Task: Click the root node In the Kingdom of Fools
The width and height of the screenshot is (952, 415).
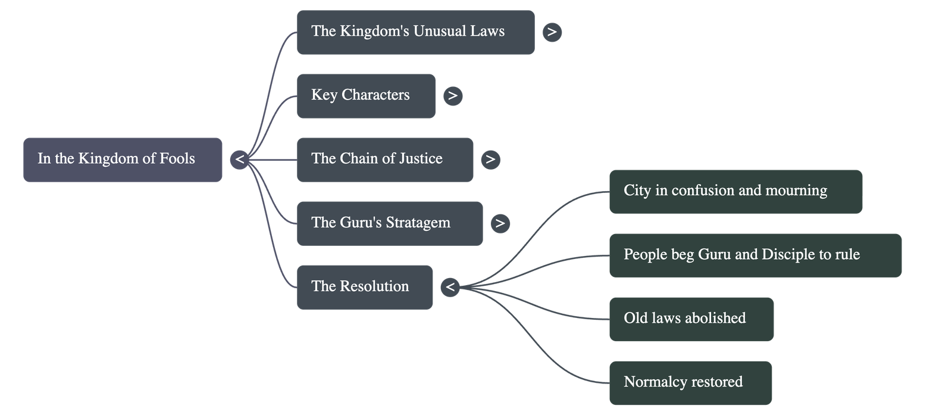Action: point(123,160)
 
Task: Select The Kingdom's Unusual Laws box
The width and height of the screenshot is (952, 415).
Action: point(415,32)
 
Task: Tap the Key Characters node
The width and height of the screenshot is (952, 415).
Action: point(366,96)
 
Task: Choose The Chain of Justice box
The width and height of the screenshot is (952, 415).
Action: point(385,160)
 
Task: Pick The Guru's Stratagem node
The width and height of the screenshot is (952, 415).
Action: point(390,223)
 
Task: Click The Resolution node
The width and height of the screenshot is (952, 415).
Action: point(365,287)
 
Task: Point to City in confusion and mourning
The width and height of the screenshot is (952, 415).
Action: point(735,191)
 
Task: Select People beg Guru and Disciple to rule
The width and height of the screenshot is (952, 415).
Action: point(755,255)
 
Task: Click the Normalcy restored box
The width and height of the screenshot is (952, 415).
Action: point(690,382)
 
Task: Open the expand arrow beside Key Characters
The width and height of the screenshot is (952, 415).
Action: point(453,96)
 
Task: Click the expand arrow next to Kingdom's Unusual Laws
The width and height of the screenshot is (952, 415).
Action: point(552,32)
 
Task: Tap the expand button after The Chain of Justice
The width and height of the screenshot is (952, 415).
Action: point(490,160)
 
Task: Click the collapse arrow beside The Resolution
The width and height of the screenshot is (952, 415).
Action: point(450,288)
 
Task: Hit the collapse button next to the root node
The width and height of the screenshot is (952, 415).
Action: point(240,160)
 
